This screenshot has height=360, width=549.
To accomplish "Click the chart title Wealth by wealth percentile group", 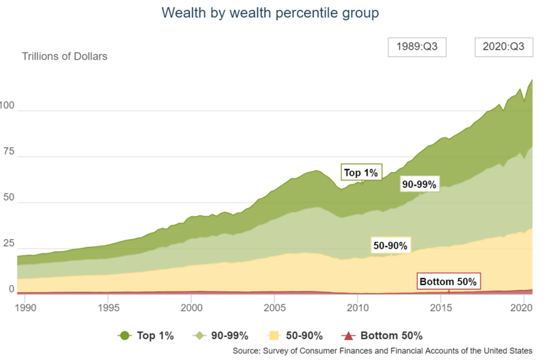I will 270,13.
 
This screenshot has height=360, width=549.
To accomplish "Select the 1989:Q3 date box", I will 417,48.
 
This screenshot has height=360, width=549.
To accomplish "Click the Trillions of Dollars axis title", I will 65,56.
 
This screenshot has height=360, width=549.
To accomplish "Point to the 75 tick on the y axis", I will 7,156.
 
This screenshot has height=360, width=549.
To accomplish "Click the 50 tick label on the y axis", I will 7,202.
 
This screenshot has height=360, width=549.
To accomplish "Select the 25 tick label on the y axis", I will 7,247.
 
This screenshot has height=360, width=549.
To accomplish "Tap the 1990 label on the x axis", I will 25,307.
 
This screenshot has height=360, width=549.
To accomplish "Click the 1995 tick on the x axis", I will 108,307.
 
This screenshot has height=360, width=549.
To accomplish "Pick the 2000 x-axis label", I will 191,307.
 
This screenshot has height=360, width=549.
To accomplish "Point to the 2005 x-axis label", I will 274,307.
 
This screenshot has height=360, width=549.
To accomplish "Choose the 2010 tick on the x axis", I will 357,307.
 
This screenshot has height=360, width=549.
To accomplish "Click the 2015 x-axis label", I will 440,307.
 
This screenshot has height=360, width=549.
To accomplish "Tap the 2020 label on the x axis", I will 521,307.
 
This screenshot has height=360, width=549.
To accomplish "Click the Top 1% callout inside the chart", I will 360,173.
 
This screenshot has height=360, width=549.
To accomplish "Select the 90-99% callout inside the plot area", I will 419,185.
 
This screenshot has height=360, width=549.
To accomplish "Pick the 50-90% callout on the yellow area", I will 390,246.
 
